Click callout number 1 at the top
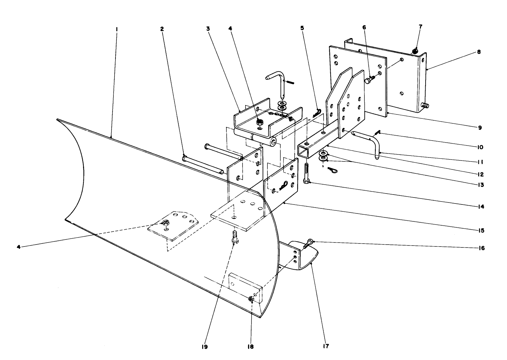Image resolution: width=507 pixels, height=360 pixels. (x=116, y=29)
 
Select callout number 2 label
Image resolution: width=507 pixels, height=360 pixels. (x=162, y=29)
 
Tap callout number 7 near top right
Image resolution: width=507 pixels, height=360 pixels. (x=421, y=26)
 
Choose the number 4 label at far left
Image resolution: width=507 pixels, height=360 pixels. (x=19, y=247)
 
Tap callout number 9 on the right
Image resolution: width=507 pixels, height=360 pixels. (x=479, y=127)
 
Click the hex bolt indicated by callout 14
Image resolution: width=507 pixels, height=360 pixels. (x=306, y=174)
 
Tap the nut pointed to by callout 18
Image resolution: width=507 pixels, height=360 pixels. (x=251, y=299)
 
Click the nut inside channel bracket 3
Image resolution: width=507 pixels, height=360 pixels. (x=260, y=122)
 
